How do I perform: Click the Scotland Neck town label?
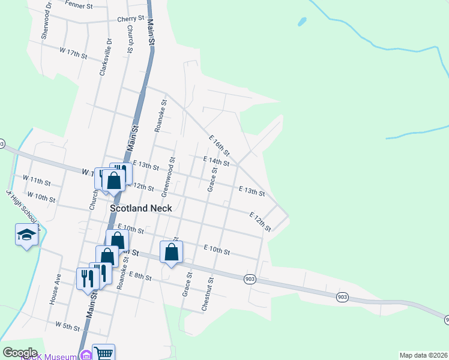(x=141, y=208)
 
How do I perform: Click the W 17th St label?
(x=73, y=53)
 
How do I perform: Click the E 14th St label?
(x=216, y=161)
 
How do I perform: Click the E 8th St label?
(x=141, y=276)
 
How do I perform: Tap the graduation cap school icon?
(x=26, y=235)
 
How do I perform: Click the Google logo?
(x=19, y=353)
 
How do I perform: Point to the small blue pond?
(x=302, y=22)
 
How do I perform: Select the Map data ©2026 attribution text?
(x=415, y=355)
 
